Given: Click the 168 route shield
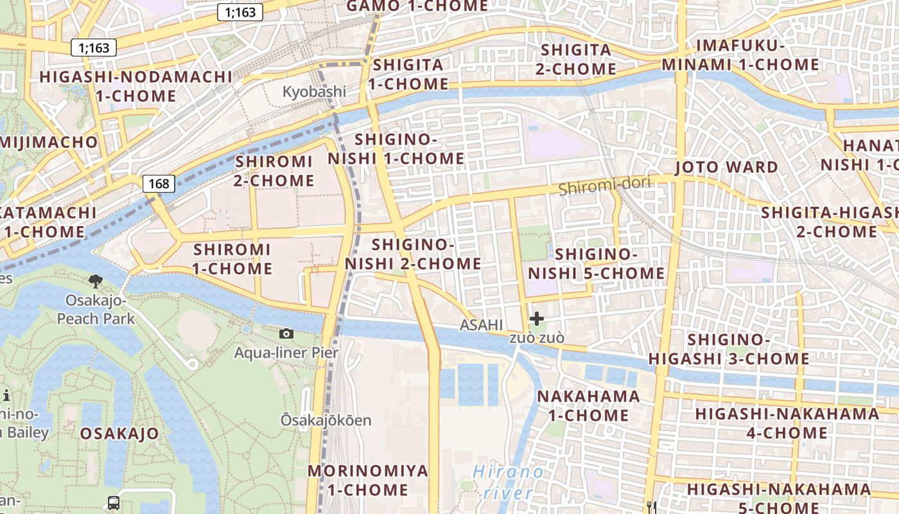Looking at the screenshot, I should coord(159,184).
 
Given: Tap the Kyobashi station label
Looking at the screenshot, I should coord(314,92).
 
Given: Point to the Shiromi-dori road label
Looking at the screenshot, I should coord(604,186).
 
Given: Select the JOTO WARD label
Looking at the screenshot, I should coord(726,168).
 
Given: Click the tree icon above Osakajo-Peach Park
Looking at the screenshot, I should coord(96,280).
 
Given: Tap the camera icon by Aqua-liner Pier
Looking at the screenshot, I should coord(286,333).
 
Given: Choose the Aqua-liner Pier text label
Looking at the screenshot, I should coord(286,353).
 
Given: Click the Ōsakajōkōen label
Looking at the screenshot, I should coord(326,421).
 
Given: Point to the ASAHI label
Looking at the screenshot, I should coord(481,326).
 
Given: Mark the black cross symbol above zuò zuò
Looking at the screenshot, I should coord(536,318).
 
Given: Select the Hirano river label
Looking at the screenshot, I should coord(508,483).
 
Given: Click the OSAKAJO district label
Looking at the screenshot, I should coord(119,434).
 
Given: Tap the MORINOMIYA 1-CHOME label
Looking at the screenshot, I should coord(367,480).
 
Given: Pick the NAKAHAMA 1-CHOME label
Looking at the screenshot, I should coord(588,405).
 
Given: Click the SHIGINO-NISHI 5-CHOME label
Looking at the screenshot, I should coord(596,264).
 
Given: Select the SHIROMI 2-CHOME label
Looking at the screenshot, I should coord(274,171).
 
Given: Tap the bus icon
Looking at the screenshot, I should coord(113,502).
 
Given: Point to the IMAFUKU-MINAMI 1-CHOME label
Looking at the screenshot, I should coord(740,55).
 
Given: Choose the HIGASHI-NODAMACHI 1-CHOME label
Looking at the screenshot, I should coord(135,86).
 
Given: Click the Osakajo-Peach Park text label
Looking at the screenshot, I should coord(96,310).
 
